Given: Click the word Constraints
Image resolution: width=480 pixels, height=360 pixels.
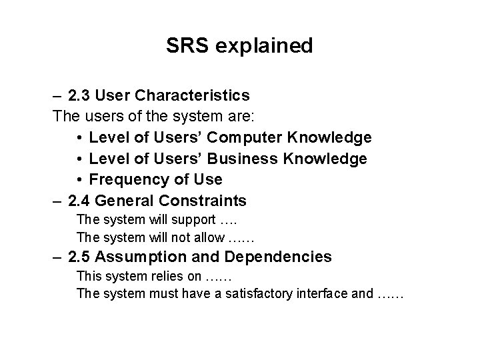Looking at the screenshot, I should (x=201, y=200).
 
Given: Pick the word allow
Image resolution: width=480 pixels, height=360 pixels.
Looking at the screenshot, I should (x=209, y=237).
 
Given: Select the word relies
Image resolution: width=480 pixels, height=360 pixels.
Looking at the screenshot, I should (x=161, y=275).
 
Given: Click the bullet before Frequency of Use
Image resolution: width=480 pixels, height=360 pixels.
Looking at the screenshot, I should (x=79, y=180).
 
